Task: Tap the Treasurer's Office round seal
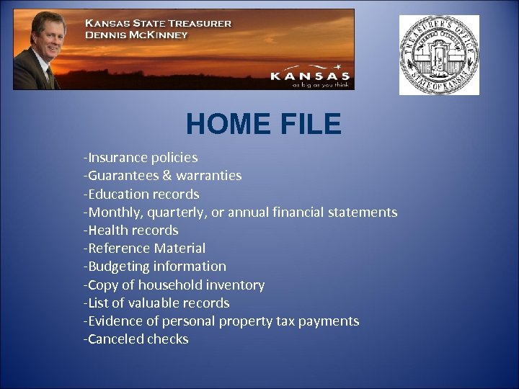[439, 55]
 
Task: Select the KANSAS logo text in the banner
[310, 75]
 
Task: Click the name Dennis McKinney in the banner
[136, 35]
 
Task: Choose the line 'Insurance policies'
[141, 157]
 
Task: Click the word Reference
[119, 249]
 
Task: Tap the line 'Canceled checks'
[136, 339]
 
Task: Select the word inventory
[236, 285]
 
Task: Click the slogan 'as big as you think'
[321, 84]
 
